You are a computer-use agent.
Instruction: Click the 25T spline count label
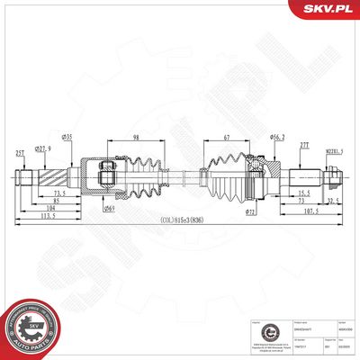(19, 153)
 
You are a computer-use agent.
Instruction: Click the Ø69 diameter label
(109, 209)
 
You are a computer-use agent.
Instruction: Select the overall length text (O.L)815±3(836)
(181, 220)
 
